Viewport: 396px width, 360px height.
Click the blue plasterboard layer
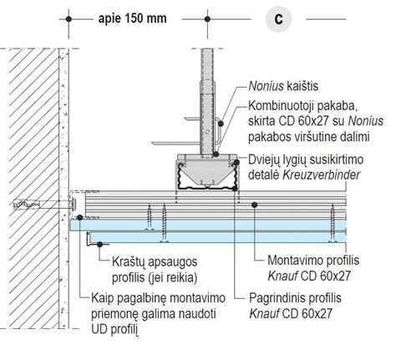pyautogui.click(x=209, y=225)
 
